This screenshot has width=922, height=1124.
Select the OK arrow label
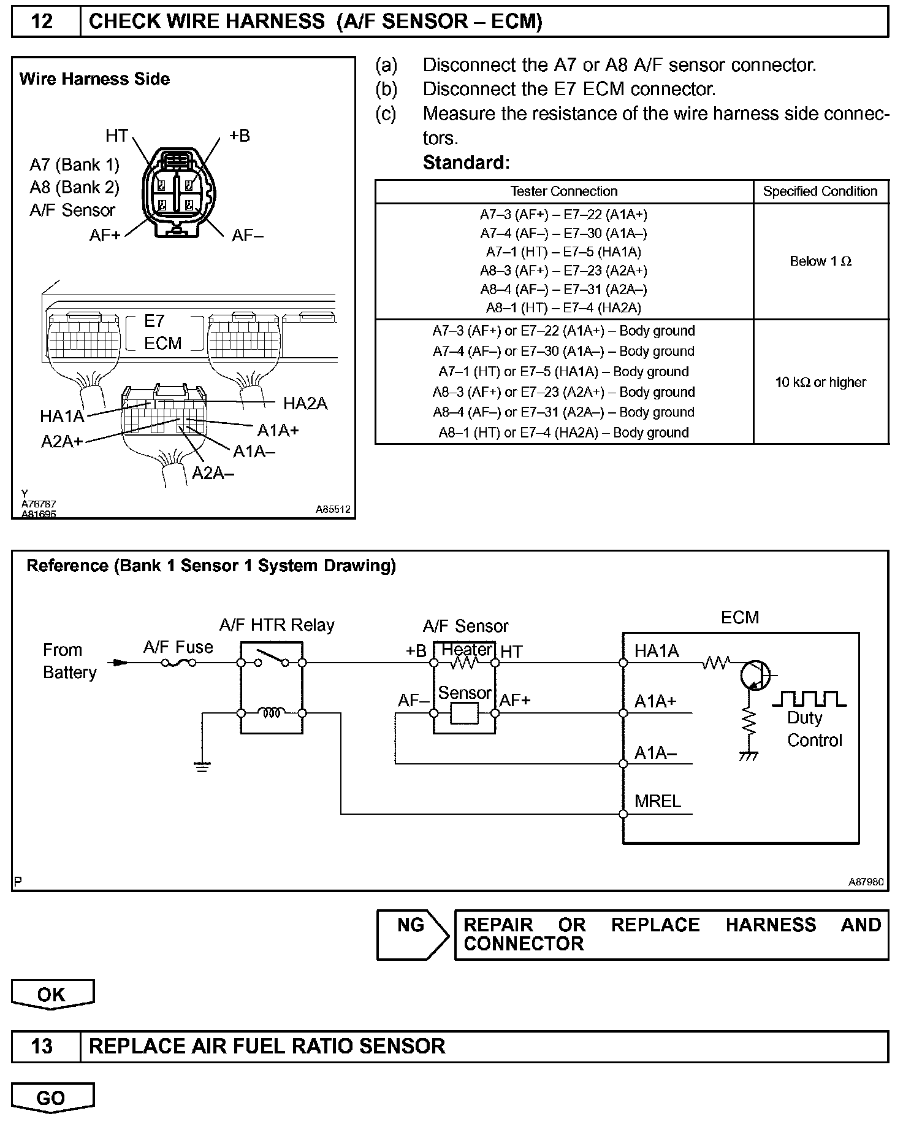tap(51, 994)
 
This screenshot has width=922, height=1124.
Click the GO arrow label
tap(51, 1098)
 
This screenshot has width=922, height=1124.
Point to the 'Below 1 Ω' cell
tap(820, 261)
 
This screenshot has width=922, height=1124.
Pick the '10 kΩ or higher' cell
tap(820, 382)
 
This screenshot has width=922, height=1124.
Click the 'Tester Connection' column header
tap(563, 191)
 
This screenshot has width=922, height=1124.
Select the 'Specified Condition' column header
tap(820, 191)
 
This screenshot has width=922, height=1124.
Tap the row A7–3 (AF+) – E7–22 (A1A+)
tap(563, 215)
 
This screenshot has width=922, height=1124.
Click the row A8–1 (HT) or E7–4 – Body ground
tap(563, 433)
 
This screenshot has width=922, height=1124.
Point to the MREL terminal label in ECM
tap(658, 801)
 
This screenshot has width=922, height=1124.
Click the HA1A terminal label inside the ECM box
tap(657, 651)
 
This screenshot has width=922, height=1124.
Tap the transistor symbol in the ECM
tap(754, 676)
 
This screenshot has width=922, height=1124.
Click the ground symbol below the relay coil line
tap(202, 766)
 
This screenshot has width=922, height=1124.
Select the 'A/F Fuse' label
tap(178, 647)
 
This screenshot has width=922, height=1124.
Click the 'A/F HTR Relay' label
tap(277, 625)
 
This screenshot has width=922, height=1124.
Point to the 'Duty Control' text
tap(814, 729)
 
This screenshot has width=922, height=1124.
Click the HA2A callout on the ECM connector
tap(305, 404)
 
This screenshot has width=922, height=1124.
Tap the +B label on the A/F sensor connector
tap(240, 136)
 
